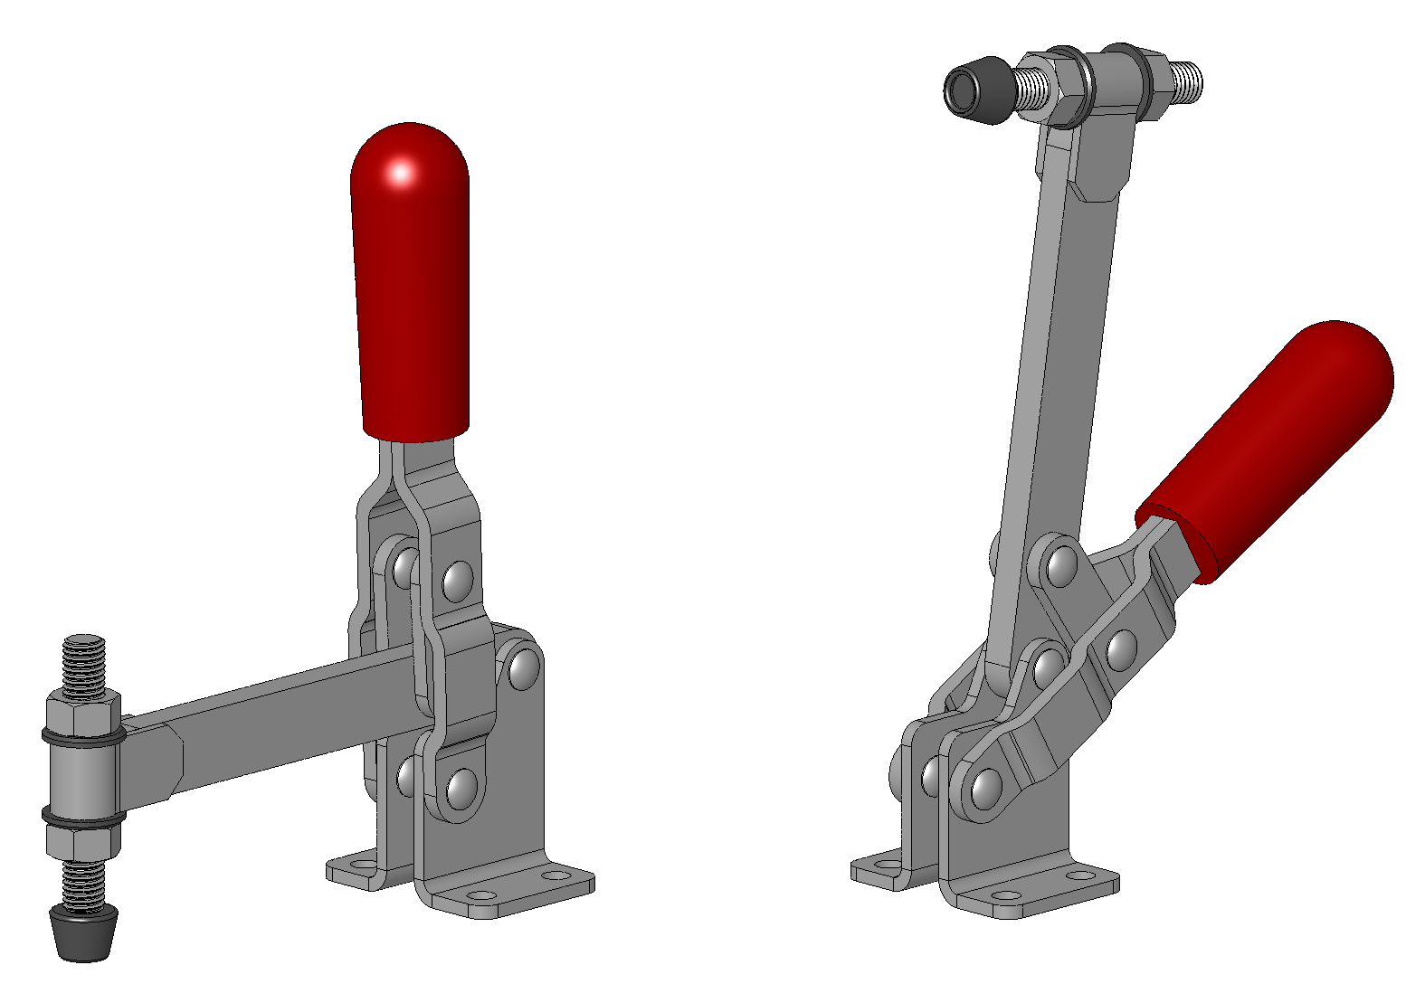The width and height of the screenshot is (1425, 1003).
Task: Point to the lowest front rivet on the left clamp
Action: pyautogui.click(x=462, y=788)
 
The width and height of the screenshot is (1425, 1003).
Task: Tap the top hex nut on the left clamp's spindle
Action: pyautogui.click(x=83, y=710)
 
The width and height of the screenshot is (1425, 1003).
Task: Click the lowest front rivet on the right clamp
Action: pyautogui.click(x=986, y=789)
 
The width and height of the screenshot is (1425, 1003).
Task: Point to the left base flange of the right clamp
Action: pyautogui.click(x=878, y=870)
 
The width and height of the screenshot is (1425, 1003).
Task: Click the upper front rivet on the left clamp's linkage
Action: pyautogui.click(x=458, y=581)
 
